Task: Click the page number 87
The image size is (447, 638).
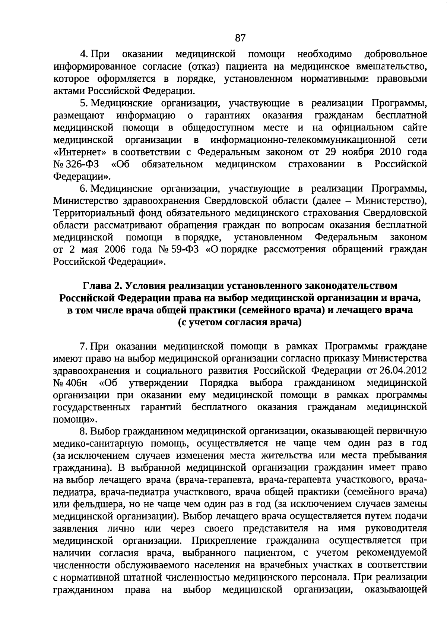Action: tap(240, 38)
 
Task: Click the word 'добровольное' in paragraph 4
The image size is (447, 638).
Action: tap(396, 54)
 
